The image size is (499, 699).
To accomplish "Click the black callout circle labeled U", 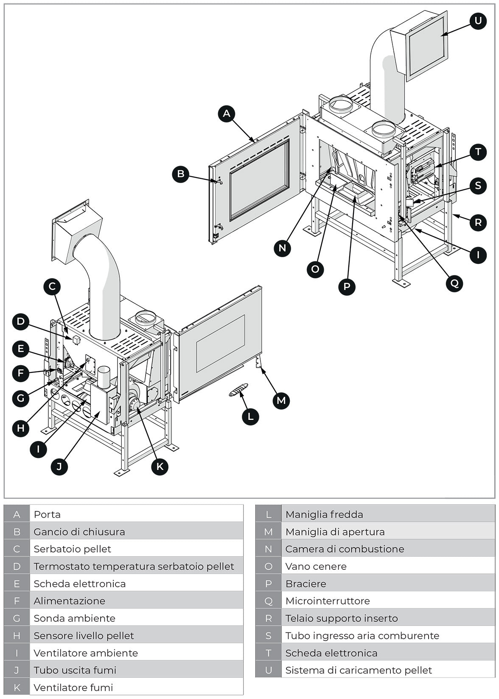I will pyautogui.click(x=478, y=21).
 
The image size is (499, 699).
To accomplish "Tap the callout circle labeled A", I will pyautogui.click(x=227, y=114).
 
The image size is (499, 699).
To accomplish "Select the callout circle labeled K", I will pyautogui.click(x=160, y=466).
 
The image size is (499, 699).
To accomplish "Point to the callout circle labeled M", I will pyautogui.click(x=281, y=400).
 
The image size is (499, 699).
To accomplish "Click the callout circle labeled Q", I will pyautogui.click(x=454, y=283).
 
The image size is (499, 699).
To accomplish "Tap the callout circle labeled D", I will pyautogui.click(x=21, y=322).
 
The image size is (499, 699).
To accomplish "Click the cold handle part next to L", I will pyautogui.click(x=238, y=389).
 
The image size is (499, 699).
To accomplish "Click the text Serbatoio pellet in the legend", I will pyautogui.click(x=72, y=549).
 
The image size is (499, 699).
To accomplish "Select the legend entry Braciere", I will pyautogui.click(x=306, y=584).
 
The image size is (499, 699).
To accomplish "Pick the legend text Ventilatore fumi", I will pyautogui.click(x=73, y=688).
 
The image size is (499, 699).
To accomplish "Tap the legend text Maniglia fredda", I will pyautogui.click(x=324, y=515).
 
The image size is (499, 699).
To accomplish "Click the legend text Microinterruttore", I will pyautogui.click(x=327, y=601).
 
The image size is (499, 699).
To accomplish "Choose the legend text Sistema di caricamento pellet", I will pyautogui.click(x=358, y=670).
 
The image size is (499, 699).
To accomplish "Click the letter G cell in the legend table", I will pyautogui.click(x=17, y=619).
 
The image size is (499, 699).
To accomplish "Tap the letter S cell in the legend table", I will pyautogui.click(x=268, y=635).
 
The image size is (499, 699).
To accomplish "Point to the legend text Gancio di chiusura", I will pyautogui.click(x=79, y=532).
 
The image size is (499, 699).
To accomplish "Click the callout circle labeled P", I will pyautogui.click(x=347, y=287).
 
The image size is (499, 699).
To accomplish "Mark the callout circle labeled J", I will pyautogui.click(x=59, y=466).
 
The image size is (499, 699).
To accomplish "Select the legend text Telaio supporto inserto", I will pyautogui.click(x=341, y=619).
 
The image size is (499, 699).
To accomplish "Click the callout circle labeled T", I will pyautogui.click(x=478, y=152).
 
